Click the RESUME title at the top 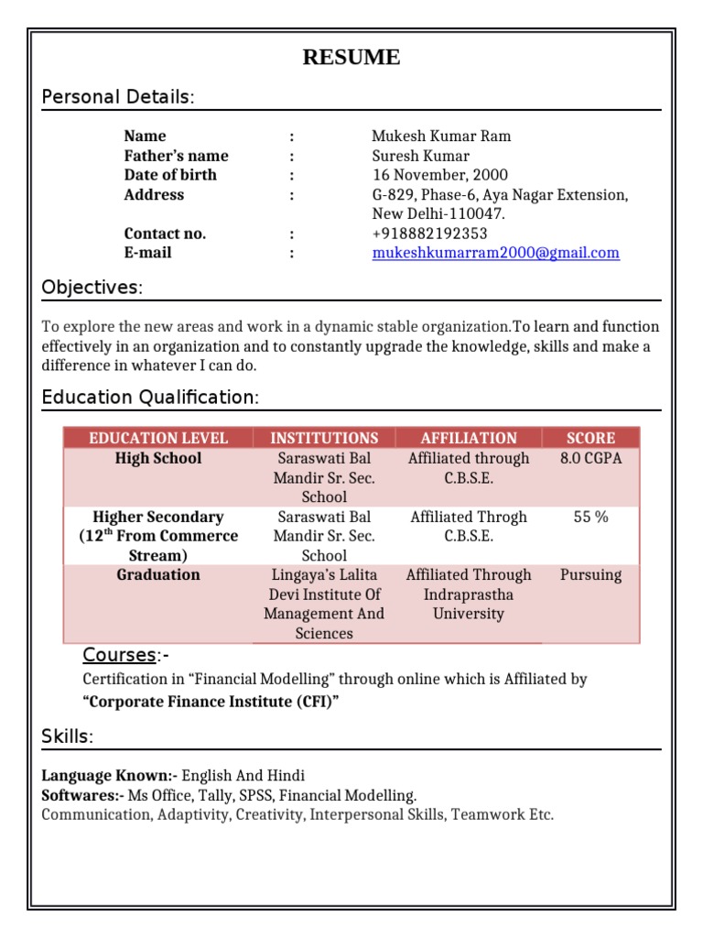tap(351, 58)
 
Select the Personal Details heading tap(118, 97)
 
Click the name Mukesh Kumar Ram tap(441, 136)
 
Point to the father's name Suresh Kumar tap(420, 156)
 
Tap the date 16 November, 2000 tap(439, 175)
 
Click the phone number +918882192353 tap(429, 234)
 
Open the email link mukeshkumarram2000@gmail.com tap(495, 253)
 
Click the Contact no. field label tap(165, 234)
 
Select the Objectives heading tap(92, 288)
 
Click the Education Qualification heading tap(150, 398)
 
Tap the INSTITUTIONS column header tap(324, 438)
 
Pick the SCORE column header tap(590, 438)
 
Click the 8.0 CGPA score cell tap(590, 458)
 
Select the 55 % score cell tap(590, 517)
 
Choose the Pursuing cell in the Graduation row tap(590, 575)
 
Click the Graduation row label tap(158, 575)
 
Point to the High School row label tap(158, 458)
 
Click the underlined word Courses tap(119, 655)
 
